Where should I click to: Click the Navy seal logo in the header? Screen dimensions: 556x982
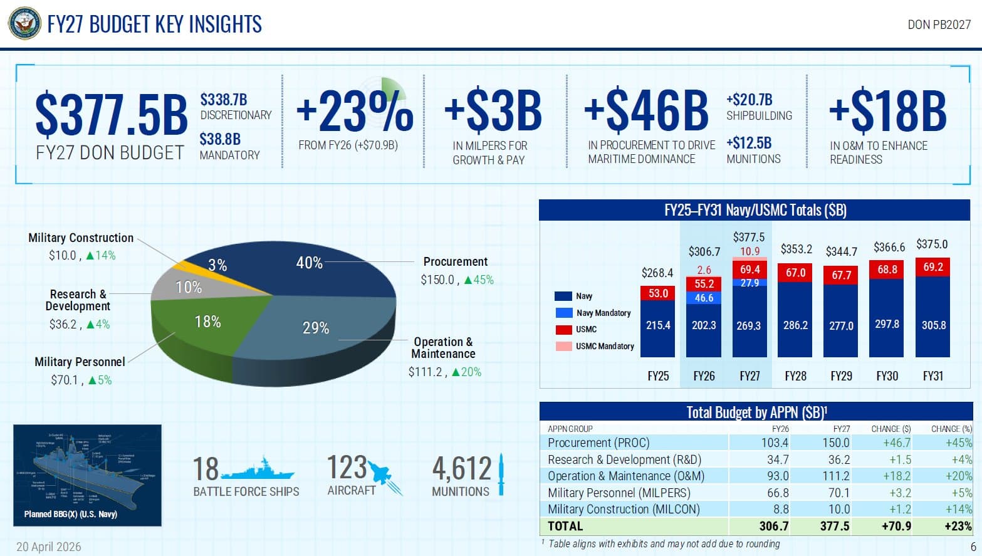[24, 24]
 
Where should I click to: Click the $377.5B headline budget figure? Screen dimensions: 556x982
[111, 114]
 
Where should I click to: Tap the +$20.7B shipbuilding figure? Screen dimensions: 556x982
[749, 100]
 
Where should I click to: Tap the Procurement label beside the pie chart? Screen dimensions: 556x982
[455, 261]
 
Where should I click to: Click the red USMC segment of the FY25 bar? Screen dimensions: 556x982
[657, 293]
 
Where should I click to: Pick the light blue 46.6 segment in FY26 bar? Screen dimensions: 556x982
[703, 298]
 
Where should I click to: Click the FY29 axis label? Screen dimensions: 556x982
[841, 376]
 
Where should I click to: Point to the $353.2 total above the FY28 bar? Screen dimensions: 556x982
[796, 249]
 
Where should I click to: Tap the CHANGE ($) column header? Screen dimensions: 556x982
[891, 429]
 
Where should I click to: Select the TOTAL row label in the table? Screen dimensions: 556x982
[565, 526]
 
